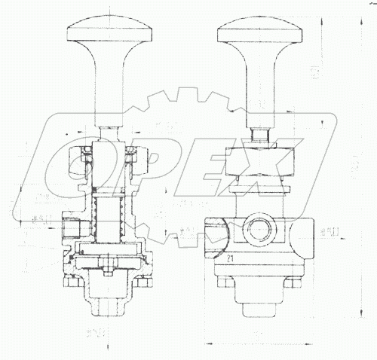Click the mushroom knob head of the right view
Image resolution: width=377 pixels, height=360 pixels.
point(258,29)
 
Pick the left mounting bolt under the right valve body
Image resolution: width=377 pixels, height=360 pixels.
point(221,283)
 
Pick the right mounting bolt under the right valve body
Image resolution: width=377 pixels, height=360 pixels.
point(296,283)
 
